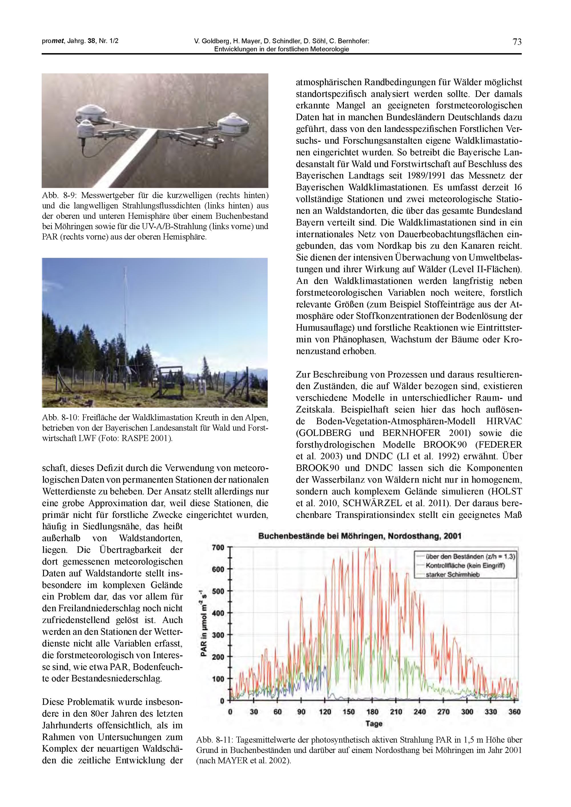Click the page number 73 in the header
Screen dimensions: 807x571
517,42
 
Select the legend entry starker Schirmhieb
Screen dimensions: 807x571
453,575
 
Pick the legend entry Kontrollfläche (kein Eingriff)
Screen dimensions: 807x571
465,565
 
